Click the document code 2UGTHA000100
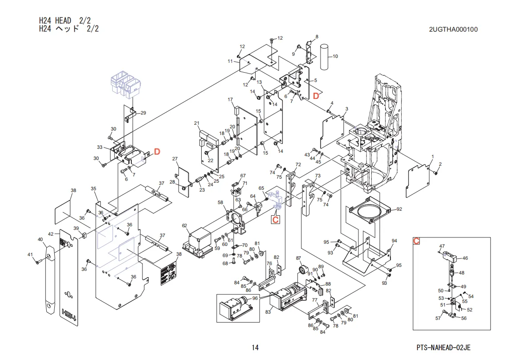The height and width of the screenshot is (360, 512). (x=453, y=29)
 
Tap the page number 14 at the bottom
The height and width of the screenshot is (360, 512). (x=255, y=348)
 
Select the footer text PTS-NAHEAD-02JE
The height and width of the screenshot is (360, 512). (x=443, y=348)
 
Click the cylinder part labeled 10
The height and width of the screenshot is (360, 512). (x=324, y=57)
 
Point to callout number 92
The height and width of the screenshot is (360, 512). (x=399, y=209)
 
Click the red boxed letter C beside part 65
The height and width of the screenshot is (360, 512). (x=276, y=219)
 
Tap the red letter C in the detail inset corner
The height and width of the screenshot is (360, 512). (x=416, y=241)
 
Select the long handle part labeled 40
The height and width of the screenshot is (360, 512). (x=50, y=280)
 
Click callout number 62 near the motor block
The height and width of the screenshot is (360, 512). (x=184, y=226)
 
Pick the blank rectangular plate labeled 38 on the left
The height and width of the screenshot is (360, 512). (x=63, y=212)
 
